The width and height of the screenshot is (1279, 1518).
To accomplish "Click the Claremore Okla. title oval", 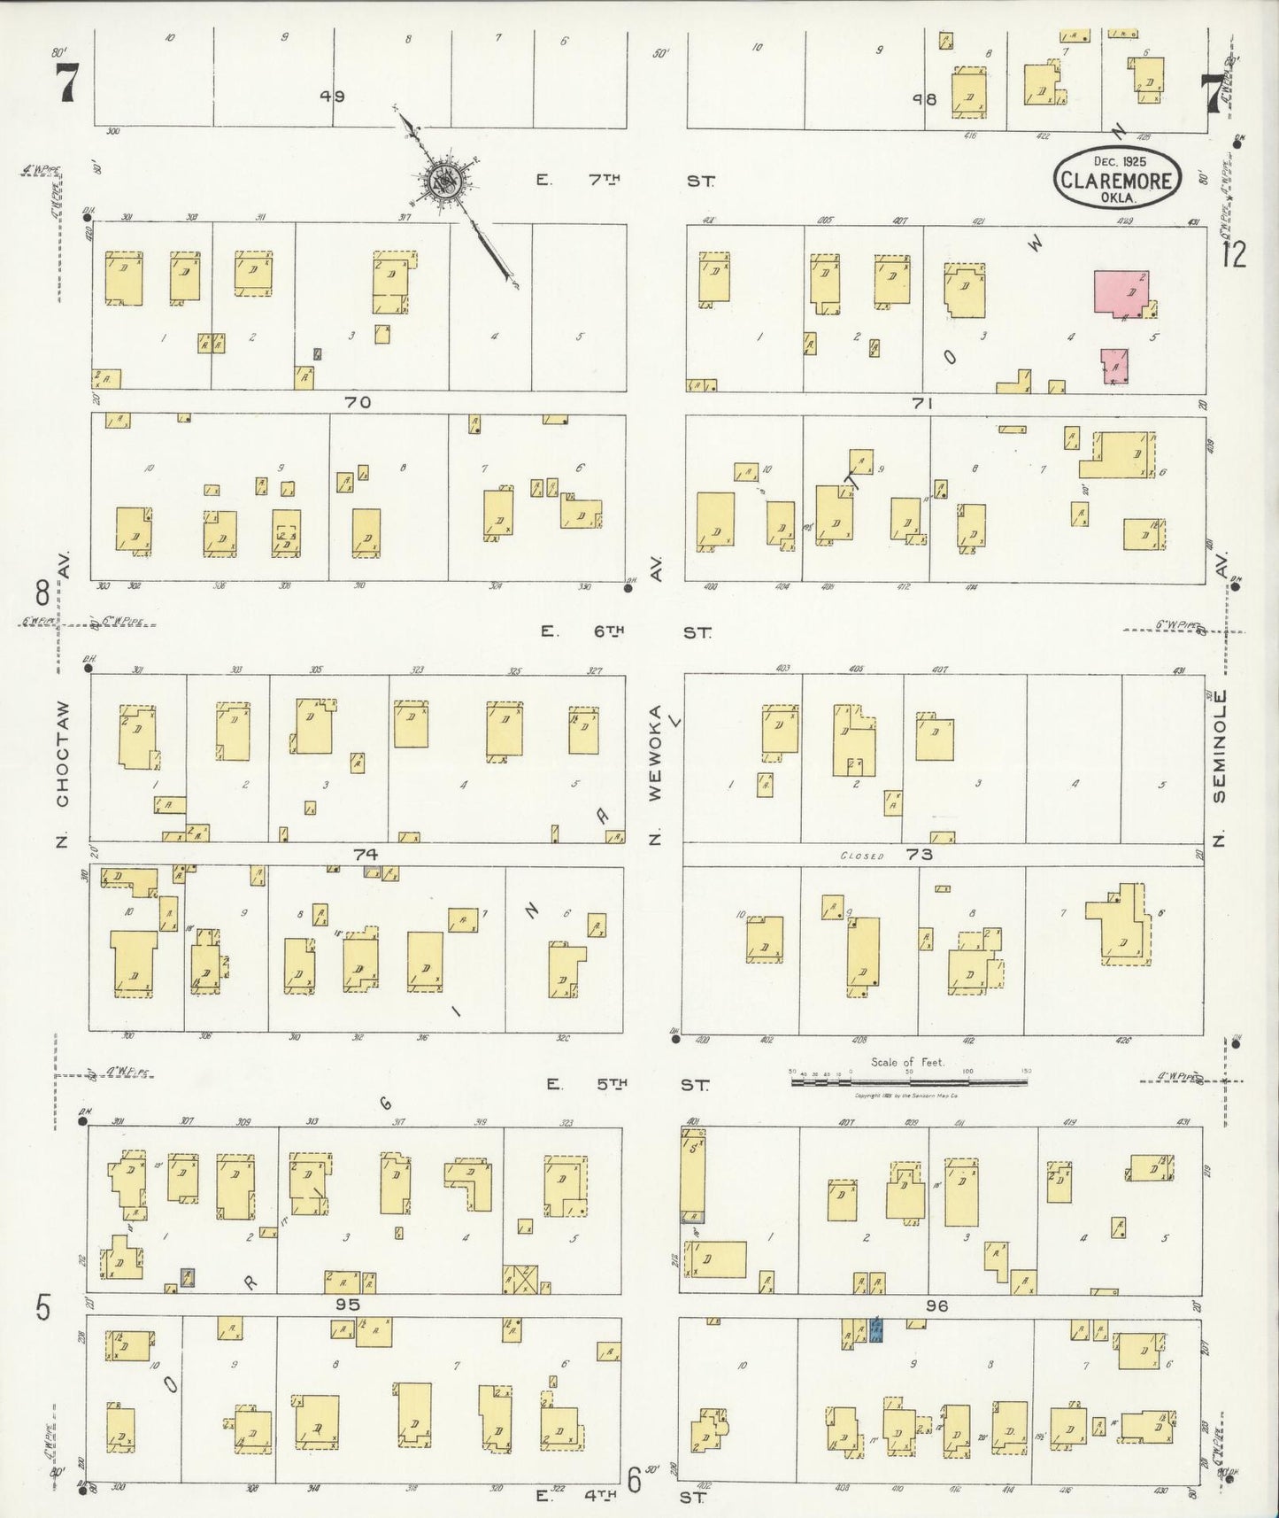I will pos(1117,179).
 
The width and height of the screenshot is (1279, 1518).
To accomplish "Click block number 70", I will pos(358,403).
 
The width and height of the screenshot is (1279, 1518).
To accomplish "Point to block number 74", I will pos(365,855).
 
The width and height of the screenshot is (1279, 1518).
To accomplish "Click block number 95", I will pos(348,1305).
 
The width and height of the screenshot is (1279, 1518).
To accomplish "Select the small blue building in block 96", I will pos(877,1330).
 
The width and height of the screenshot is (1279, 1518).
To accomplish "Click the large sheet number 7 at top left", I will pos(68,86).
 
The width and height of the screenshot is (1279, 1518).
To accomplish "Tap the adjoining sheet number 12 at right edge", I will pos(1233,255).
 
